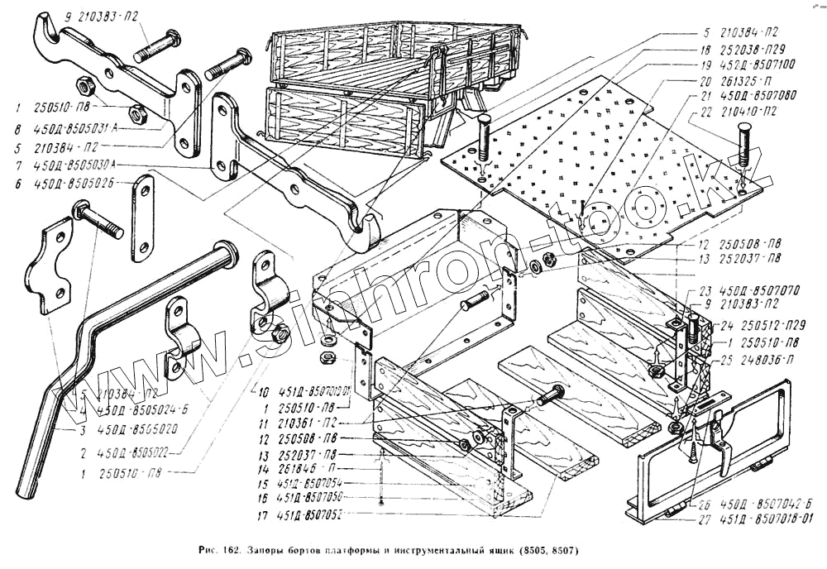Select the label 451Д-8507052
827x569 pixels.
(x=309, y=514)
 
